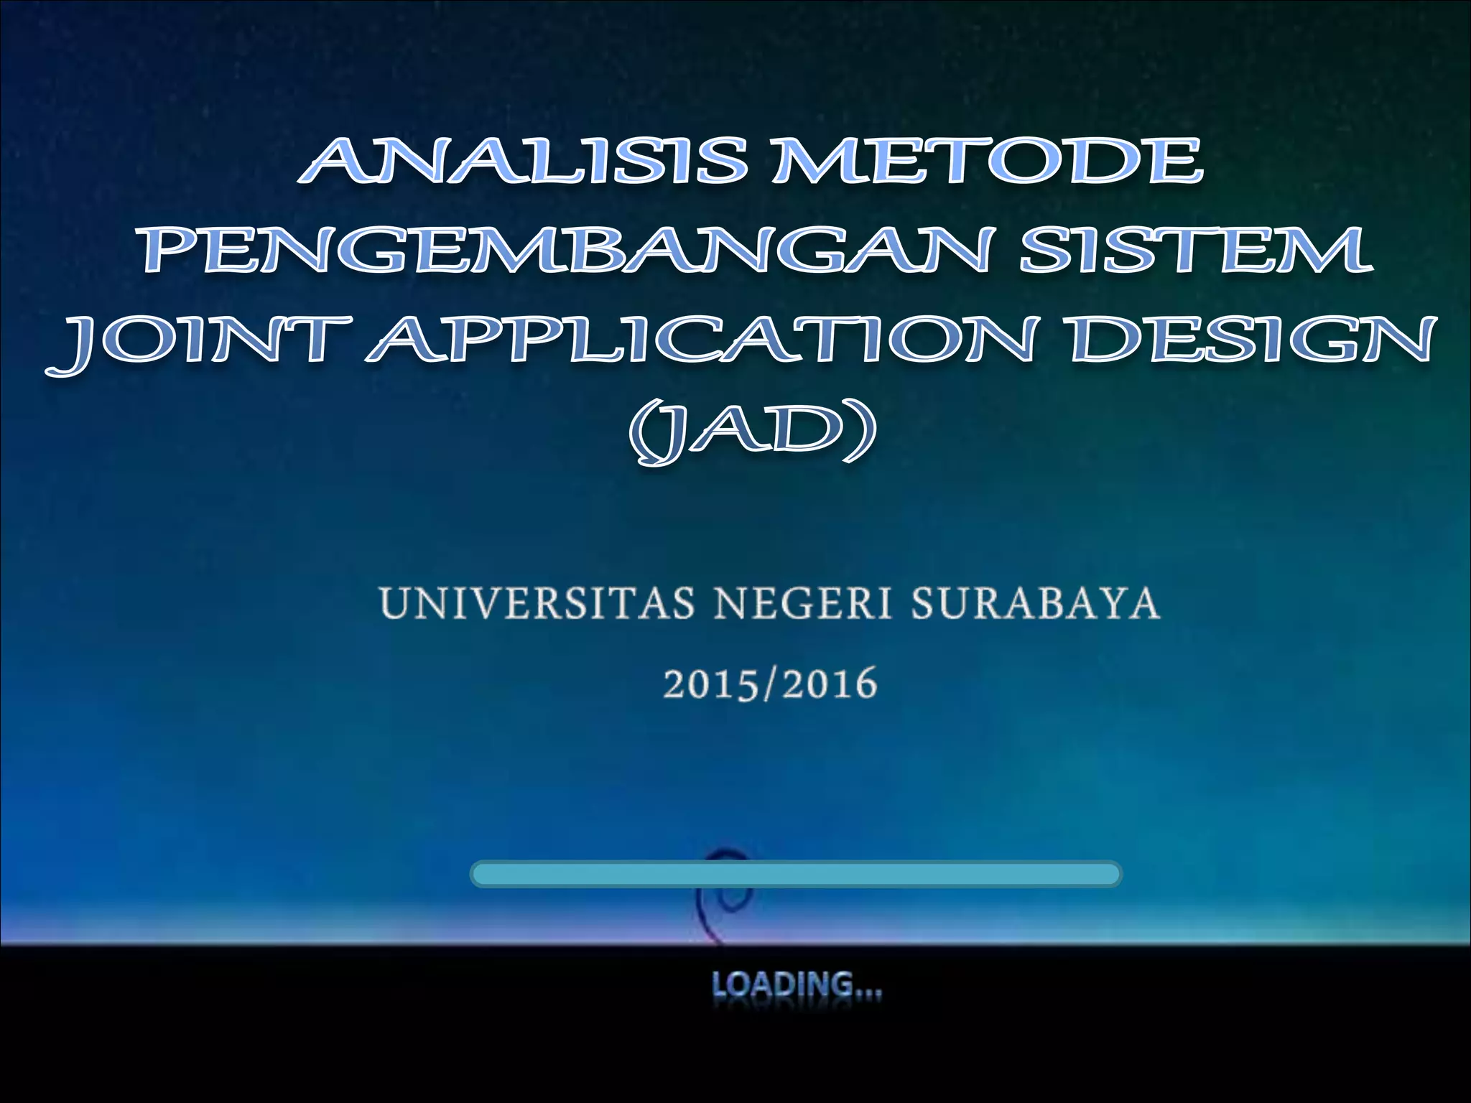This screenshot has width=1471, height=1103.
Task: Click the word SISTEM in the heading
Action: click(1197, 249)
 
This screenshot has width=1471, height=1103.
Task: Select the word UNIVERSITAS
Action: click(537, 603)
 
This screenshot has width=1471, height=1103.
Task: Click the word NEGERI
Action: click(804, 603)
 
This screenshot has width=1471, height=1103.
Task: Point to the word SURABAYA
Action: click(1035, 603)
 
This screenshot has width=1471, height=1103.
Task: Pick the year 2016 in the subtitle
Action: click(830, 684)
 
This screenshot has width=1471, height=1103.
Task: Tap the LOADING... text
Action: click(796, 985)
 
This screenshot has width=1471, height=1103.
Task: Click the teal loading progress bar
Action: click(796, 874)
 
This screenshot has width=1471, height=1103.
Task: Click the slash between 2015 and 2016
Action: click(770, 684)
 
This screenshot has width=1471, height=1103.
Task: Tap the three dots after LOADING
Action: click(868, 992)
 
